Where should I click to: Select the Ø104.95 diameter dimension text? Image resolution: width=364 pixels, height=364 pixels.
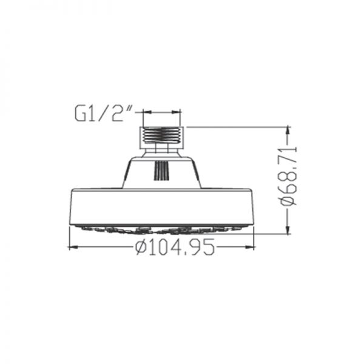[175, 247]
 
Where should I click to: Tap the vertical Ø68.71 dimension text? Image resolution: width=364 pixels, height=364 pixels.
[289, 176]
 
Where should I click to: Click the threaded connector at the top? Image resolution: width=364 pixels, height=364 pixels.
[162, 138]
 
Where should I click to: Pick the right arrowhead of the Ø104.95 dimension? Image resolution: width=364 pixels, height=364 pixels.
[250, 248]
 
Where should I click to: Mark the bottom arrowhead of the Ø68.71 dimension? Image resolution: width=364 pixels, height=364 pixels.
[288, 229]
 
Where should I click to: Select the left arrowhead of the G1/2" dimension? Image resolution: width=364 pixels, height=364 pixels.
[147, 112]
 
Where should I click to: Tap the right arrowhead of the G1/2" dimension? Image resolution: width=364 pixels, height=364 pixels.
[176, 112]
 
